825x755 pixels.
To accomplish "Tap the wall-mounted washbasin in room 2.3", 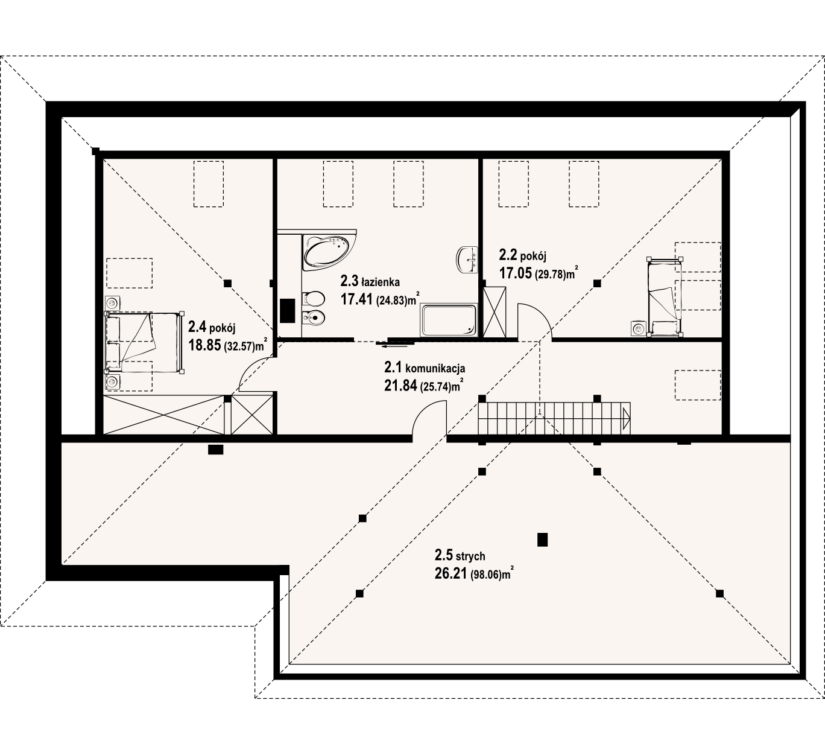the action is point(467,260).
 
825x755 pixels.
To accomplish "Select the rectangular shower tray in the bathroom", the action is point(449,320).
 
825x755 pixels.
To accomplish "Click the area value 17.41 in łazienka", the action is point(357,299).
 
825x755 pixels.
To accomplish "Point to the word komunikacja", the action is point(435,367).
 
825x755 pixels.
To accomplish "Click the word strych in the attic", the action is point(471,556).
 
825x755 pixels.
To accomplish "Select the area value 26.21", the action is point(450,573).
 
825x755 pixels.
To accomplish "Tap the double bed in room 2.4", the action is point(144,342).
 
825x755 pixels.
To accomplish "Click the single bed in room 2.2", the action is point(665,297).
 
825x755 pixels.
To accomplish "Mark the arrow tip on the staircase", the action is point(630,418).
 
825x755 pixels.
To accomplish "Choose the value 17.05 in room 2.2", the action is point(516,273).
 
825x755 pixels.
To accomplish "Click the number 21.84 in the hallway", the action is point(400,386).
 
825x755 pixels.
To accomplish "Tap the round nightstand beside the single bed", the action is point(638,329).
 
